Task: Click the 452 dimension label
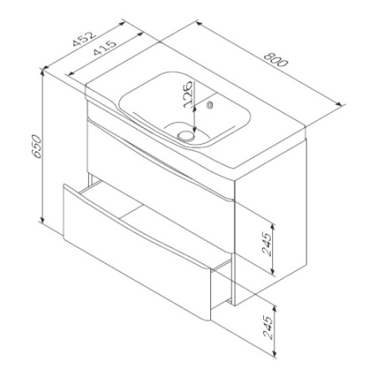pos(84,39)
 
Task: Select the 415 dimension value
pos(105,48)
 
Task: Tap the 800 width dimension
pos(276,59)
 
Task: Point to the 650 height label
pos(37,147)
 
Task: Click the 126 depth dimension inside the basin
pos(188,94)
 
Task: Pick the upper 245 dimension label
pos(266,244)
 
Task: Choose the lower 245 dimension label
pos(268,328)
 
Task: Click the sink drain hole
pos(186,136)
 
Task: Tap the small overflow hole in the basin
pos(209,105)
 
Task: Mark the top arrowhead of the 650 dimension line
pos(43,71)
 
